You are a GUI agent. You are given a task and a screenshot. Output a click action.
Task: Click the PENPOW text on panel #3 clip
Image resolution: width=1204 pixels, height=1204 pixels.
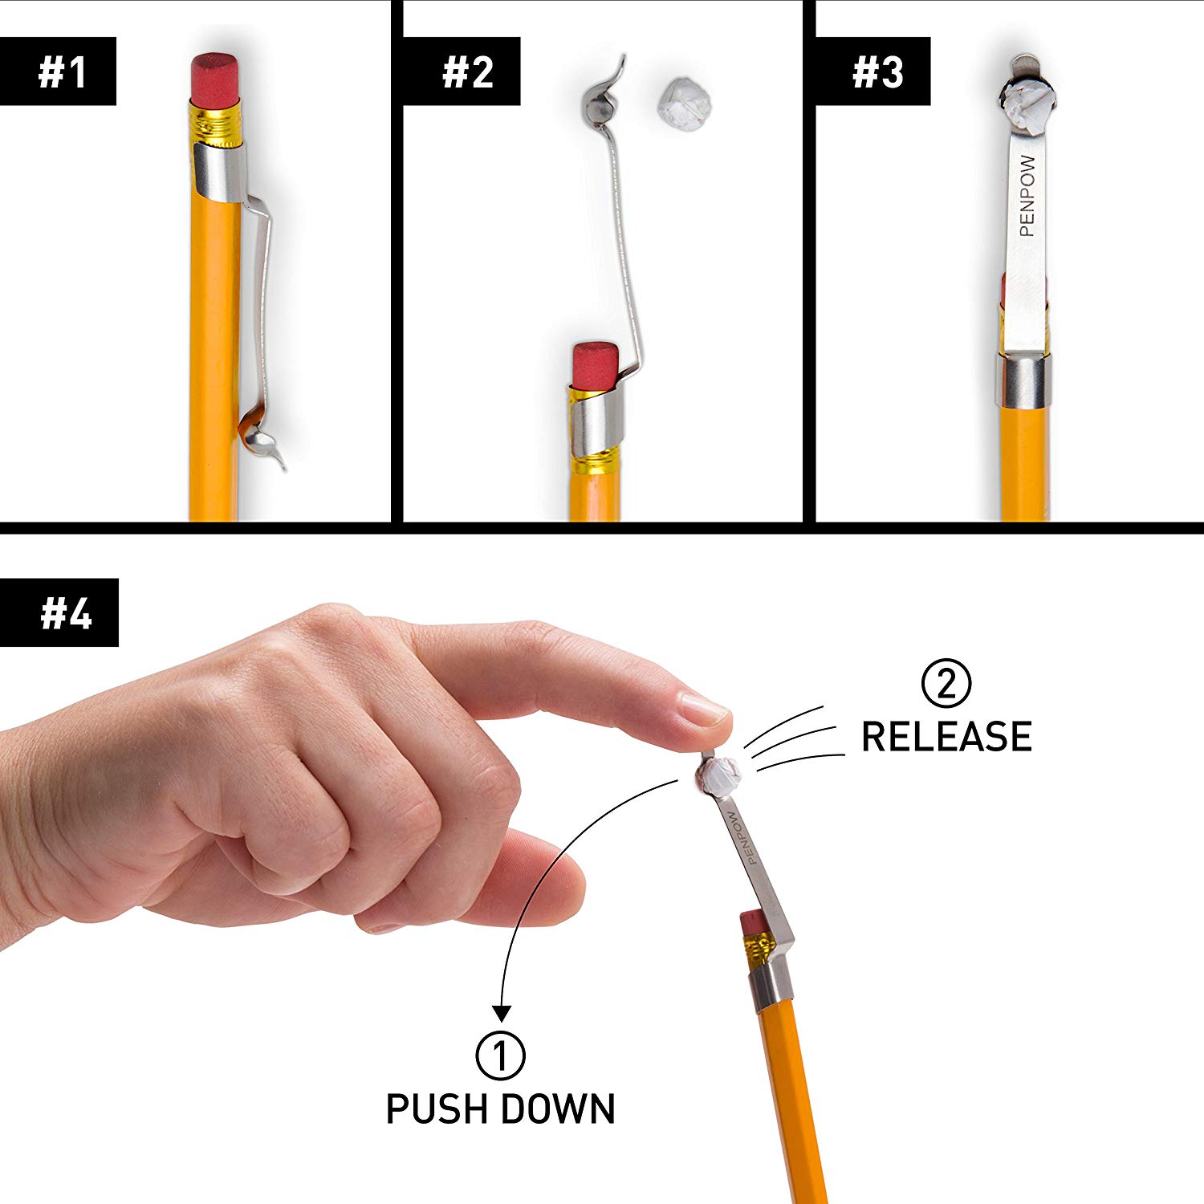click(x=1027, y=196)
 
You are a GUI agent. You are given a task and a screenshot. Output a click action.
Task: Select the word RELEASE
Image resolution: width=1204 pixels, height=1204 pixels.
click(x=946, y=737)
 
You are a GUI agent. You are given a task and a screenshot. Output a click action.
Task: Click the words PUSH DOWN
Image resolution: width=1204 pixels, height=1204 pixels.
click(x=500, y=1109)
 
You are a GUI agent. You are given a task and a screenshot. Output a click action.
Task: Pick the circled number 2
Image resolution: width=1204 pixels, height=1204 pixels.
click(x=946, y=684)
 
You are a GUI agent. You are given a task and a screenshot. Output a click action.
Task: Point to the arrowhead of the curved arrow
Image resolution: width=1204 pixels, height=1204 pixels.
click(x=502, y=1013)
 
